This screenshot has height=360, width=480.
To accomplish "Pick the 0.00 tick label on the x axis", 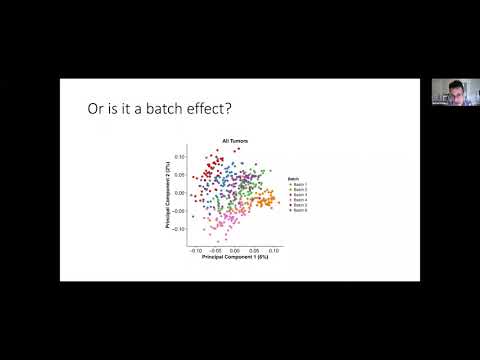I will [x=235, y=250].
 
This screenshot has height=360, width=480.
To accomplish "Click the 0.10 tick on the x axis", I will [x=275, y=250].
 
